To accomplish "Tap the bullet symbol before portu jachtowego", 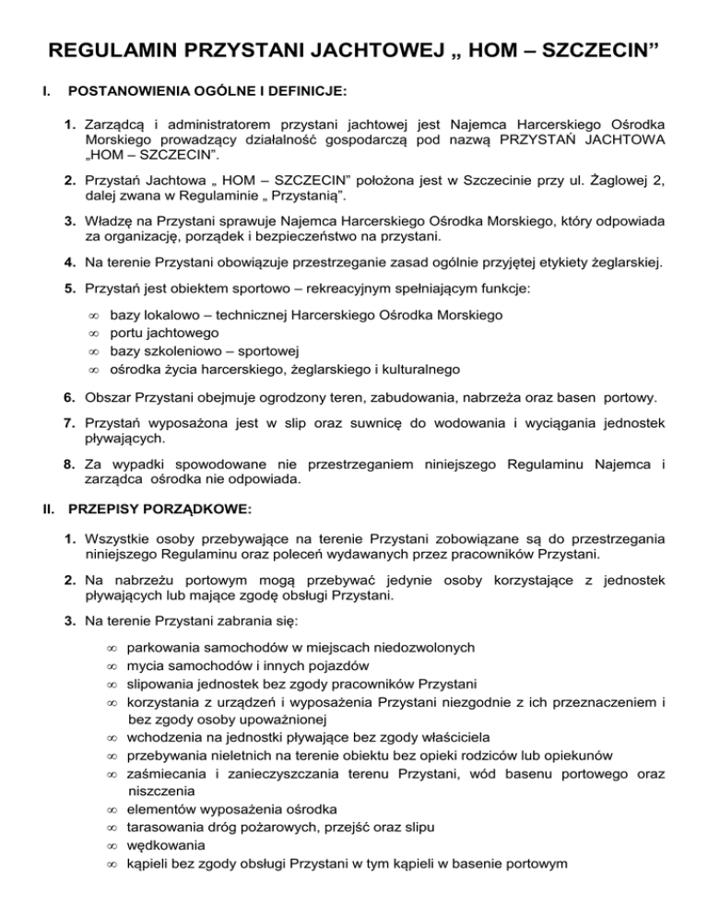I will (x=93, y=334).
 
